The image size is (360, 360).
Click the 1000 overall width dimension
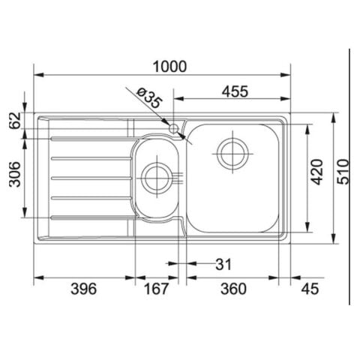click(x=169, y=67)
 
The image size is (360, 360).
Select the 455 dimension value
click(x=235, y=91)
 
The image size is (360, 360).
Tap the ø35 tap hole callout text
click(x=149, y=97)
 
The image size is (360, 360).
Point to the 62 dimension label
click(x=15, y=121)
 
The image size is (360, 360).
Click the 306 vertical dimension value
click(x=15, y=174)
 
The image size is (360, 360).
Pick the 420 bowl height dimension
click(x=317, y=172)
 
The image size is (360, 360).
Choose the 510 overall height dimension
click(x=343, y=172)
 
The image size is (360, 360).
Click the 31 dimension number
click(x=223, y=264)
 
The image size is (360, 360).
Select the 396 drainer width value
click(x=83, y=289)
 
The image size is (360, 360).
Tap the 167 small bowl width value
click(x=156, y=289)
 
